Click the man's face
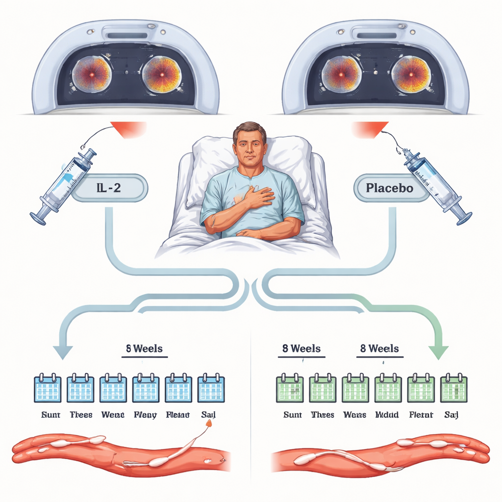click(x=250, y=146)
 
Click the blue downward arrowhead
click(x=63, y=351)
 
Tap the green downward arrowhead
click(x=438, y=351)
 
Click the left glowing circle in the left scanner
click(x=92, y=74)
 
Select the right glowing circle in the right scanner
click(x=411, y=74)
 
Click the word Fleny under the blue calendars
click(x=145, y=415)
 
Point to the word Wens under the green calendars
click(x=354, y=415)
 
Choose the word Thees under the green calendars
click(x=323, y=415)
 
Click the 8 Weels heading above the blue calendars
click(x=142, y=349)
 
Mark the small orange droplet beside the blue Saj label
click(x=210, y=423)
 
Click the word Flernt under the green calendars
click(x=421, y=415)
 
